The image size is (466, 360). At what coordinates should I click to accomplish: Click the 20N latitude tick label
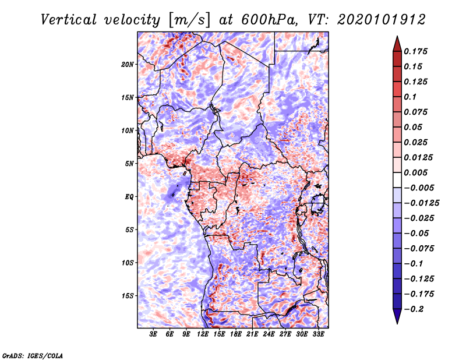[x=127, y=64]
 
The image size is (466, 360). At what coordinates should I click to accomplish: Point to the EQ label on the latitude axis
[x=129, y=197]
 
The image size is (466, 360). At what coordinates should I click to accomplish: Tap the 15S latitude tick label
[x=127, y=296]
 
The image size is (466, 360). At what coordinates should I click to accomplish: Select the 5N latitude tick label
[x=129, y=164]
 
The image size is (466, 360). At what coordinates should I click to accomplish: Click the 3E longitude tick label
[x=153, y=334]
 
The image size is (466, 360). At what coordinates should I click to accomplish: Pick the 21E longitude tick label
[x=252, y=334]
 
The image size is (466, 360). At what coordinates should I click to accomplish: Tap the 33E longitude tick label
[x=318, y=334]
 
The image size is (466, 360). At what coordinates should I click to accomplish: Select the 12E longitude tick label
[x=202, y=334]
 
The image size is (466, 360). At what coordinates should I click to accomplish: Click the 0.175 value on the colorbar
[x=415, y=51]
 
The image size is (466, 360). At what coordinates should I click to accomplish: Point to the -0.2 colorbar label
[x=414, y=309]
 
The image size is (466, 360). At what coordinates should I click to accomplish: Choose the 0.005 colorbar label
[x=415, y=172]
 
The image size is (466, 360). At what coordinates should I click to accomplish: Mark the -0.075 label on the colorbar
[x=419, y=249]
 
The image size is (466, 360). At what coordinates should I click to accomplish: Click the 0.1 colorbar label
[x=410, y=97]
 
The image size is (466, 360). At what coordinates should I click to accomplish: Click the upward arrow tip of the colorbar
[x=397, y=36]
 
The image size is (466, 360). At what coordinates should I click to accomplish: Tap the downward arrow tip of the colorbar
[x=397, y=323]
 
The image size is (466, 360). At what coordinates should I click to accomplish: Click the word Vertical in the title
[x=69, y=20]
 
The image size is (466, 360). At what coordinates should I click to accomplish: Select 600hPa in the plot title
[x=269, y=20]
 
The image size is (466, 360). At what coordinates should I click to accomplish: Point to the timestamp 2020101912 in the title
[x=382, y=20]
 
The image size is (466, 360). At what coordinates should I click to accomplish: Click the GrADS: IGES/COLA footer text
[x=33, y=355]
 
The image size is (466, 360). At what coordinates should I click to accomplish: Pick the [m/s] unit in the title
[x=189, y=20]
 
